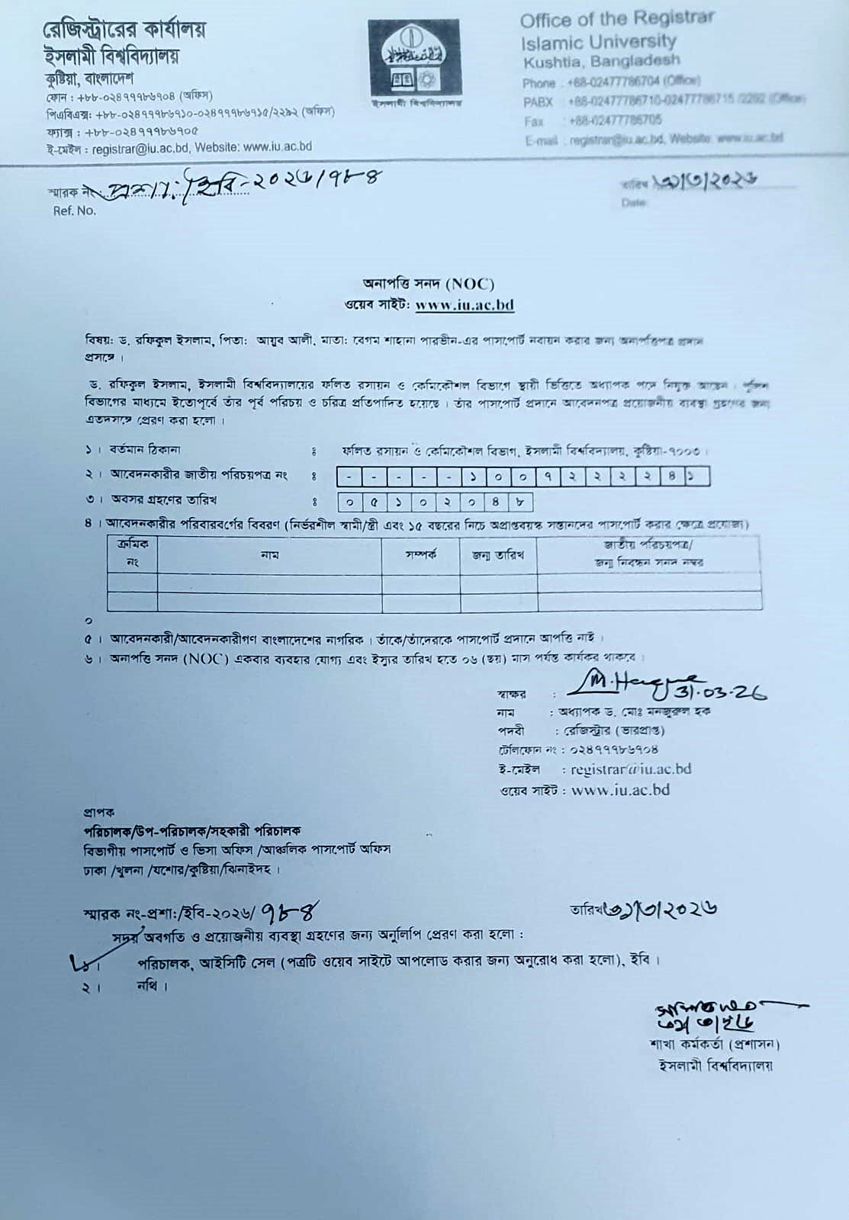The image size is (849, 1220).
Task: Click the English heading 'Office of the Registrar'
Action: [617, 20]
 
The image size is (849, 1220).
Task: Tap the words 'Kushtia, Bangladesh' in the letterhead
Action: [601, 61]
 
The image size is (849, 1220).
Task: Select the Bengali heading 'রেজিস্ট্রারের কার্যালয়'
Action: [124, 30]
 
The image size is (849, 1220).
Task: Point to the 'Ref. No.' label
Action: [75, 210]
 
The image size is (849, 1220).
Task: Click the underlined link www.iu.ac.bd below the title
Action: [465, 305]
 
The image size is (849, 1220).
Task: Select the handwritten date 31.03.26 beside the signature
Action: [721, 691]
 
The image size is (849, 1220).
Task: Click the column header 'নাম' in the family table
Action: [269, 555]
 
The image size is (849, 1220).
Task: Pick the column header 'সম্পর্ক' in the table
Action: [420, 555]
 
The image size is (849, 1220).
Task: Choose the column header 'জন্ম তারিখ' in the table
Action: [498, 555]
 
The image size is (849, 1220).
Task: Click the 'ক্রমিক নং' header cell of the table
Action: [132, 554]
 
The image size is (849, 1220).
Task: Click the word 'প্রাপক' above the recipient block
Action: [99, 812]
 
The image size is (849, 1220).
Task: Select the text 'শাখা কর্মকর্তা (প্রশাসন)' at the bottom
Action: [714, 1044]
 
